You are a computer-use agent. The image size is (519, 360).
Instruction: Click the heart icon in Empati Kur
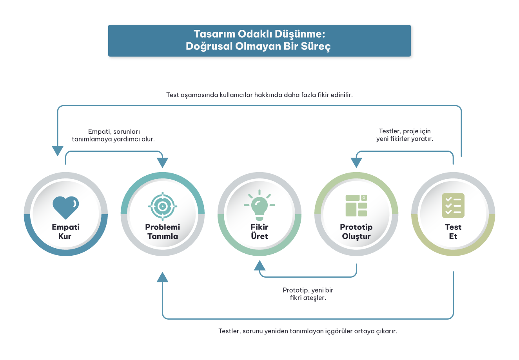tap(65, 207)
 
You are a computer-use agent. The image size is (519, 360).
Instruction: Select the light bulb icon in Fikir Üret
tap(259, 206)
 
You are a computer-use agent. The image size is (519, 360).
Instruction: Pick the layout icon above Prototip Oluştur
tap(356, 205)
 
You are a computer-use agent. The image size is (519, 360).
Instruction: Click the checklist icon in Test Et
tap(453, 205)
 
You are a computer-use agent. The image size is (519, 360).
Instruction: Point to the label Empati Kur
tap(65, 231)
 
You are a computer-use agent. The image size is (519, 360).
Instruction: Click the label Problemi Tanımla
tap(163, 231)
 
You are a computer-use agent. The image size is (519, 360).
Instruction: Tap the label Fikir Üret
tap(259, 231)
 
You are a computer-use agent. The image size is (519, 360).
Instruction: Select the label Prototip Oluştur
tap(356, 231)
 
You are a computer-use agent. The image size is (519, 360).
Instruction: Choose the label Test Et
tap(453, 231)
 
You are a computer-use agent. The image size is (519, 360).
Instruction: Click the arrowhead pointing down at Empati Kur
tap(58, 151)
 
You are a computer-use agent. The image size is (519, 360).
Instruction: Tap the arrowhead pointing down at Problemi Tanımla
tap(162, 163)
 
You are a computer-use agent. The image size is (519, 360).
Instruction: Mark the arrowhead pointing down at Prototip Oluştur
tap(356, 163)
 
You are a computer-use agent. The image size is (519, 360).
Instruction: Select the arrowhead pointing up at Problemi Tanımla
tap(162, 277)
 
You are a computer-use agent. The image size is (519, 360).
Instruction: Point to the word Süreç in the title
tap(316, 46)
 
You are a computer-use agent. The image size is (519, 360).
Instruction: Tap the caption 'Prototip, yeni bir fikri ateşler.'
tap(308, 294)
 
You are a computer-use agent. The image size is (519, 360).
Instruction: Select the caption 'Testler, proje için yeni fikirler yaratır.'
tap(405, 135)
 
